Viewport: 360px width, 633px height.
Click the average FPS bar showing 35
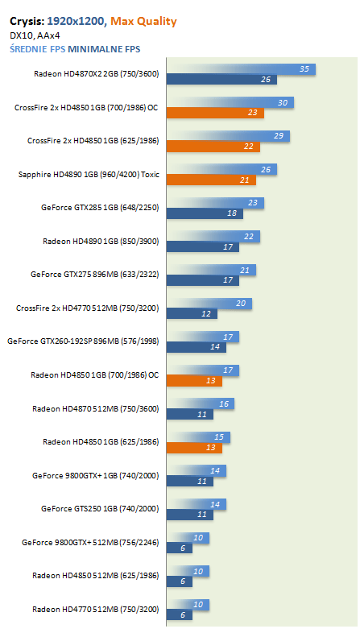point(241,69)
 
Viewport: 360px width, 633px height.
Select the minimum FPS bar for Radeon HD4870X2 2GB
point(221,80)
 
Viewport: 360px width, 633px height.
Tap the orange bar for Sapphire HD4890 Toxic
point(211,180)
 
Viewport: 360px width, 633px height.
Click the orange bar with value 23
point(215,113)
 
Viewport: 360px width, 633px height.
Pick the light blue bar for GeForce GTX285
point(215,203)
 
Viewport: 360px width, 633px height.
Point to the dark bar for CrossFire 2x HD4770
point(192,313)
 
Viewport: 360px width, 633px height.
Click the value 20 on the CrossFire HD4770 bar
point(241,303)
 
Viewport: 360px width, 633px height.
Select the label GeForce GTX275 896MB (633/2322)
point(95,275)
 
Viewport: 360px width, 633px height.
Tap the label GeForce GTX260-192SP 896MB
point(83,341)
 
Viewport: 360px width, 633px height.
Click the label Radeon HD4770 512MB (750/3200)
point(96,609)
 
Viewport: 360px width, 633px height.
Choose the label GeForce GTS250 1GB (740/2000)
point(100,509)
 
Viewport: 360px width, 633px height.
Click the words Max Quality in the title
point(143,22)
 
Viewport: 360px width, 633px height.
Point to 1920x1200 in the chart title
point(76,22)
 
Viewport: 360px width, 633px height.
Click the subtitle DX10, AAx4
point(35,36)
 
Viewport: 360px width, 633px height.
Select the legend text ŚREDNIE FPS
point(38,49)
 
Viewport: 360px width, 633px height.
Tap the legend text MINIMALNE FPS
point(104,50)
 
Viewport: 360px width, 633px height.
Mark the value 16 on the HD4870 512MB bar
point(224,403)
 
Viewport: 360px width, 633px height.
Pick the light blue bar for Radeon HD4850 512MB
point(188,571)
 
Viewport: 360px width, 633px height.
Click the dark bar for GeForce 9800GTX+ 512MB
point(179,548)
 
